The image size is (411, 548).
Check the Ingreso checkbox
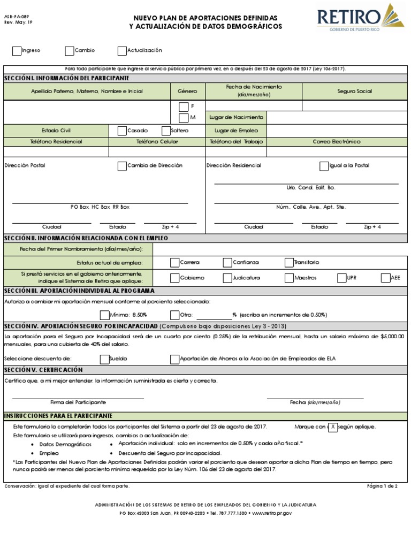coord(17,51)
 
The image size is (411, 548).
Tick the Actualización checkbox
coord(122,51)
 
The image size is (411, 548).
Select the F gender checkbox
coord(184,106)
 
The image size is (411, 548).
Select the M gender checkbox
coord(184,117)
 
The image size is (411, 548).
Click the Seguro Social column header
coord(355,92)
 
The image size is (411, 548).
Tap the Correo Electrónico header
coord(337,142)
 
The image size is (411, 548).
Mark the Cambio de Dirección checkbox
coord(121,166)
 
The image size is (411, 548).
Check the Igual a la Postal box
coord(324,166)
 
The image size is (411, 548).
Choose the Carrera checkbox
coord(174,262)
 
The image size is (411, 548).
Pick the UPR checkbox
coord(341,278)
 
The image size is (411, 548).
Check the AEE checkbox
coord(385,278)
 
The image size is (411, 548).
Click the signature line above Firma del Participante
coord(78,397)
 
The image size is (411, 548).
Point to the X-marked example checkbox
coord(333,427)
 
